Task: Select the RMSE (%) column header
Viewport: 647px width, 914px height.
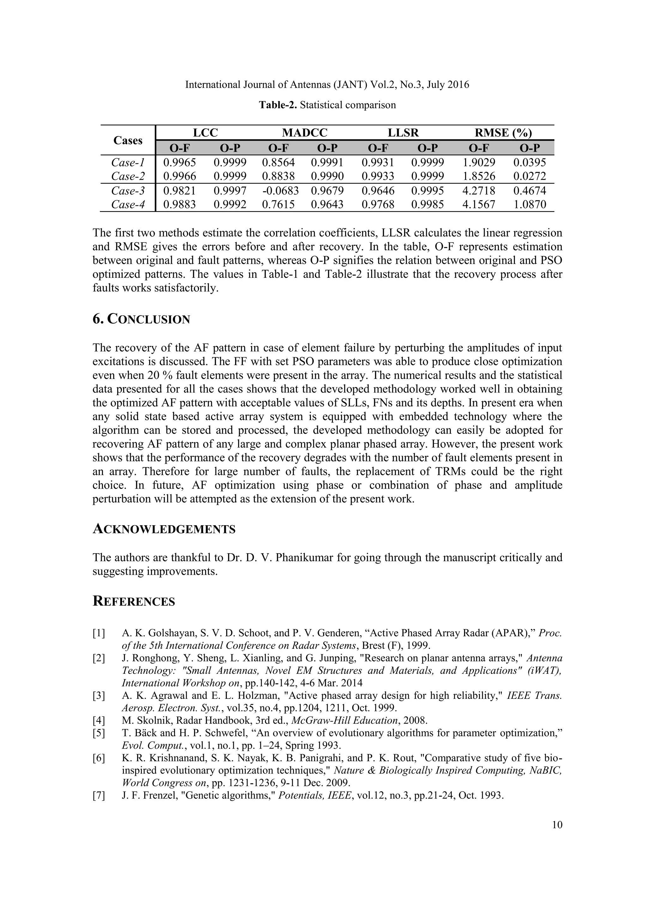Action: [503, 133]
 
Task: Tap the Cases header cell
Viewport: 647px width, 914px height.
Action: [128, 140]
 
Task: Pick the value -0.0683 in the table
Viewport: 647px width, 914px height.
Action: [281, 191]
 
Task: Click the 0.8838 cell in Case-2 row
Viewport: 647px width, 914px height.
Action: [278, 176]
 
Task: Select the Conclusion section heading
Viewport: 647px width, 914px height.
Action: [142, 319]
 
